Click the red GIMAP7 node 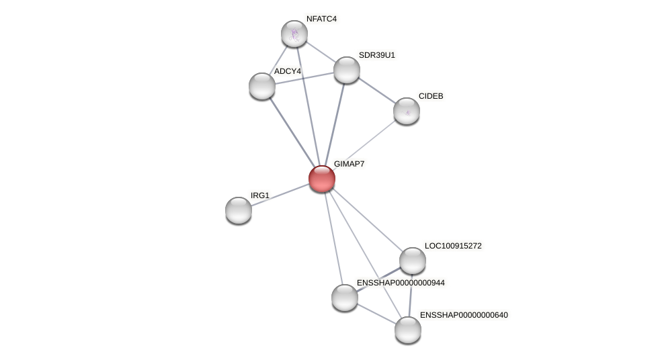click(322, 179)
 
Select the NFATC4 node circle click(294, 34)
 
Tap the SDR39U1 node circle click(347, 70)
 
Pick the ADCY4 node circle click(262, 86)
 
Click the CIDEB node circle click(407, 111)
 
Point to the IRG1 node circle click(239, 210)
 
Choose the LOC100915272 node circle click(413, 261)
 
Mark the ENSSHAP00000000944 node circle click(345, 298)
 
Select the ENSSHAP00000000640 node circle click(408, 330)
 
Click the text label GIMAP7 click(349, 164)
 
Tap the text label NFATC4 click(321, 19)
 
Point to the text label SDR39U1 click(376, 55)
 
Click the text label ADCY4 click(287, 71)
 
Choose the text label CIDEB click(431, 96)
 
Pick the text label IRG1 click(259, 195)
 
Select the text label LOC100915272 click(453, 246)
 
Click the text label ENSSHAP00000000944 click(401, 283)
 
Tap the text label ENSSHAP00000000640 click(464, 315)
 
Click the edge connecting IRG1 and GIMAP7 click(280, 195)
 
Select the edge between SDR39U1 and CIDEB click(376, 90)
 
